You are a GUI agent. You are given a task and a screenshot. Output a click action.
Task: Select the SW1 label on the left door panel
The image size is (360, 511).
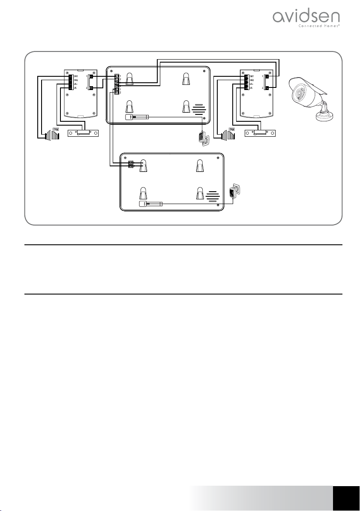pyautogui.click(x=76, y=76)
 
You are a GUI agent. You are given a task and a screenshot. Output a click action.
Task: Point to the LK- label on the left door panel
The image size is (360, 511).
pyautogui.click(x=75, y=88)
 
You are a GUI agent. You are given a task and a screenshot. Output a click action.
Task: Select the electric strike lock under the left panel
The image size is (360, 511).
pyautogui.click(x=84, y=133)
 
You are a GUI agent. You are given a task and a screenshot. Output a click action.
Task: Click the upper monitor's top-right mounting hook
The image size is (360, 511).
pyautogui.click(x=186, y=79)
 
